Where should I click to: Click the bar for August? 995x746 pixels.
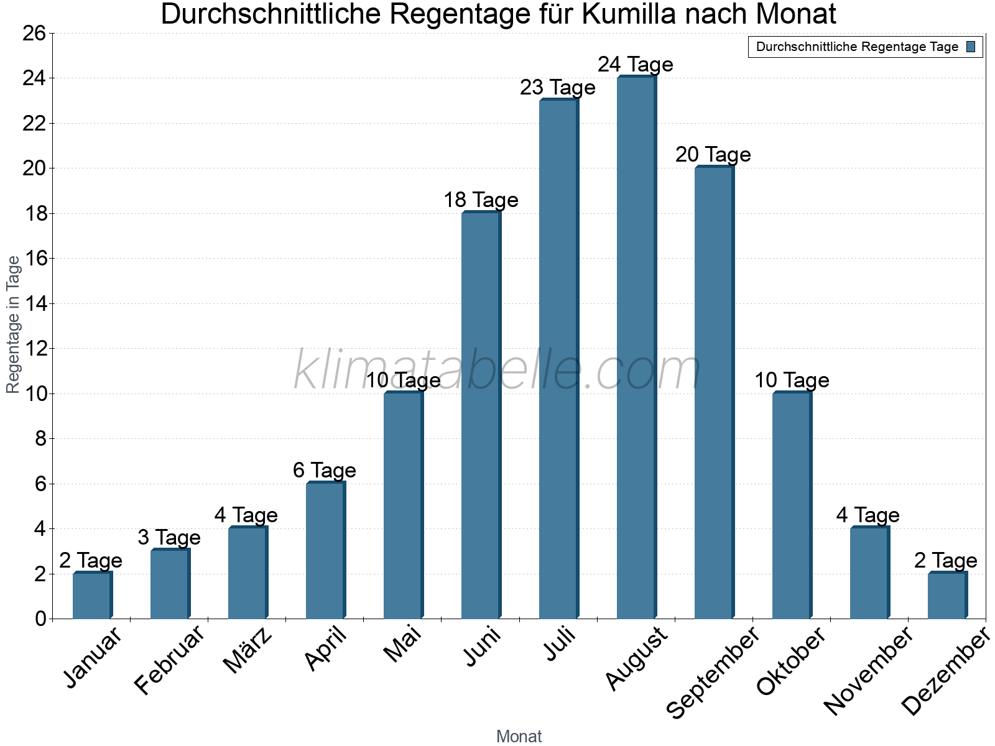pyautogui.click(x=636, y=348)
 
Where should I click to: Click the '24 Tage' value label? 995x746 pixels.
pyautogui.click(x=636, y=65)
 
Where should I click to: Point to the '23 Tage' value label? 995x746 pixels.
pyautogui.click(x=558, y=88)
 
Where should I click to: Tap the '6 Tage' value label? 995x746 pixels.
pyautogui.click(x=325, y=471)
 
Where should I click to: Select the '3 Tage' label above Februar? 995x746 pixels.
pyautogui.click(x=169, y=538)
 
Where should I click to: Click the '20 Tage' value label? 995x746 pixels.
pyautogui.click(x=713, y=155)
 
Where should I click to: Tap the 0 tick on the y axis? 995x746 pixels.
pyautogui.click(x=41, y=619)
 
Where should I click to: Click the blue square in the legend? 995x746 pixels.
pyautogui.click(x=971, y=47)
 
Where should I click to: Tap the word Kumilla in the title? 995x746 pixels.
pyautogui.click(x=629, y=14)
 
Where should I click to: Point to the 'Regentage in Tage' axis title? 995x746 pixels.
pyautogui.click(x=14, y=325)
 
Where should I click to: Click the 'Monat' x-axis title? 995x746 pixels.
pyautogui.click(x=519, y=736)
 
